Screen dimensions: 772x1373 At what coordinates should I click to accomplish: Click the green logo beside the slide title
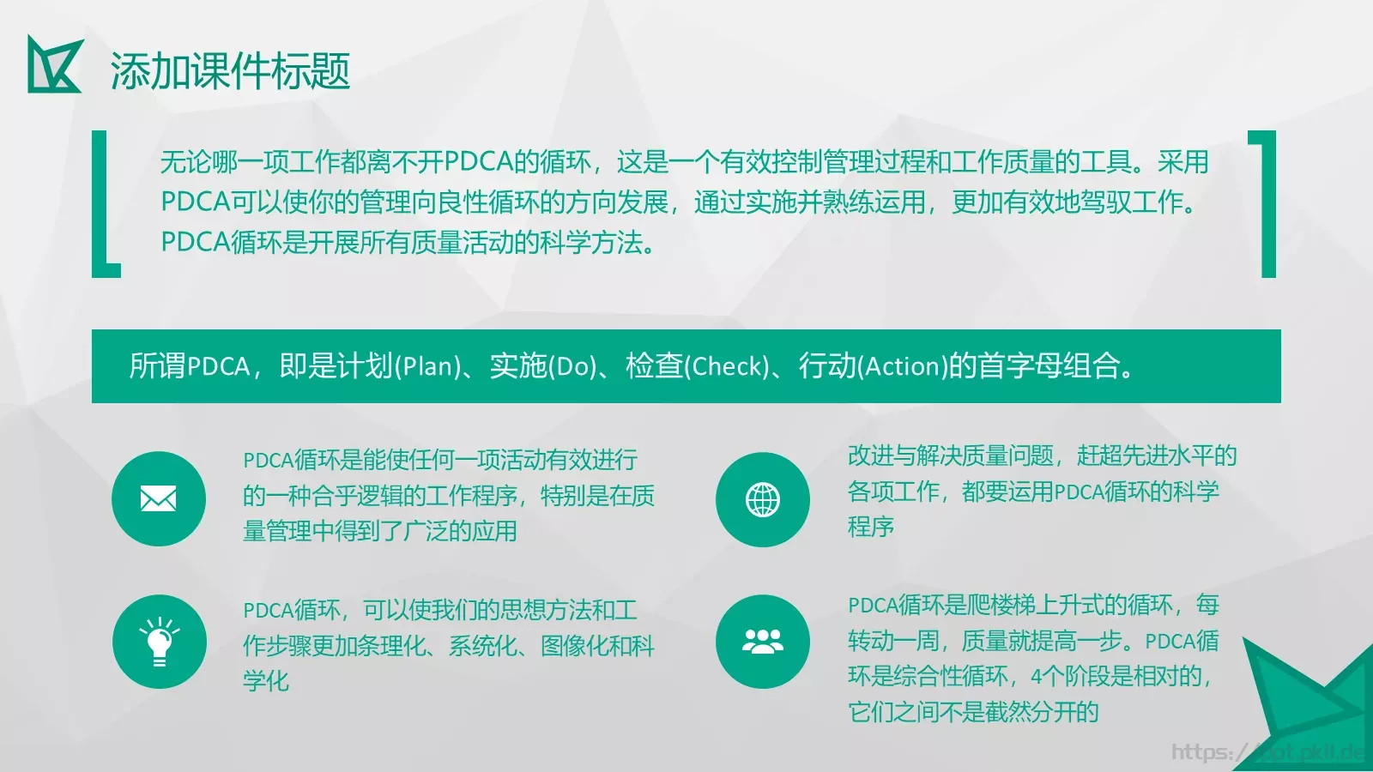pos(55,64)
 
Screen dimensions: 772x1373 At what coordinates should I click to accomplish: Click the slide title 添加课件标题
pos(230,70)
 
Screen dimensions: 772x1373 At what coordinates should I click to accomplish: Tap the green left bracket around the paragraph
pos(102,204)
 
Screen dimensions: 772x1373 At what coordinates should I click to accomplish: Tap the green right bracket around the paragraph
pos(1266,204)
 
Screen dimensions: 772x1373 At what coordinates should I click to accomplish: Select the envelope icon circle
pos(159,498)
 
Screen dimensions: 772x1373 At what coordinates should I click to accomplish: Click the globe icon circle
pos(763,499)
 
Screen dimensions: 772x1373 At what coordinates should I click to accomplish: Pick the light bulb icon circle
pos(160,642)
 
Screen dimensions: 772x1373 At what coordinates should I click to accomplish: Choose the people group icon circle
pos(763,642)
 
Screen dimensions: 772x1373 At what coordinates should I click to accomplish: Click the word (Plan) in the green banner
pos(427,367)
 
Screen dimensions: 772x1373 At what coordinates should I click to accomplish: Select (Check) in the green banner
pos(728,367)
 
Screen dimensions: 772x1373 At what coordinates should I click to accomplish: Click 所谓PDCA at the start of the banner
pos(190,367)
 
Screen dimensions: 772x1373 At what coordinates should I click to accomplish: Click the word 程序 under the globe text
pos(871,527)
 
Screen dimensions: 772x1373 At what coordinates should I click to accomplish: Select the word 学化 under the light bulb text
pos(266,681)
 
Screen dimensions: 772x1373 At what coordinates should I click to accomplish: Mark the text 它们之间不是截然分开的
pos(973,712)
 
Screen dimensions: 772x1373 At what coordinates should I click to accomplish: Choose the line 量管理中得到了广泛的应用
pos(379,531)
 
